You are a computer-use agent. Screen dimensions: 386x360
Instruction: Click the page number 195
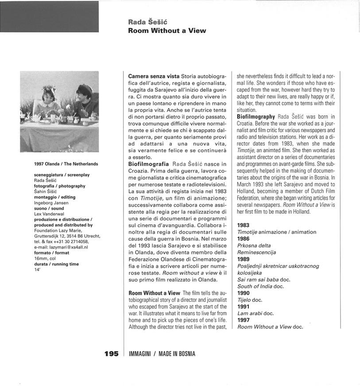(111, 354)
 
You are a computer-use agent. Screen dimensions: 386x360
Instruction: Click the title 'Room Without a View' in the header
(167, 31)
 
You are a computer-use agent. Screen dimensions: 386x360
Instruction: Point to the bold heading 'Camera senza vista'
(154, 76)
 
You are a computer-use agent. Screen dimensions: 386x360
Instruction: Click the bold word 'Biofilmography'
(255, 116)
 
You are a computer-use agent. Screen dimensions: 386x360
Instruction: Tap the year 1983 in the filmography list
(244, 225)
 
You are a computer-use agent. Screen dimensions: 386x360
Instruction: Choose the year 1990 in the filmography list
(244, 293)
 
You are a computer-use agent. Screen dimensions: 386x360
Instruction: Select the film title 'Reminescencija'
(256, 252)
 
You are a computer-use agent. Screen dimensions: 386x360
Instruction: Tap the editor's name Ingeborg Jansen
(51, 203)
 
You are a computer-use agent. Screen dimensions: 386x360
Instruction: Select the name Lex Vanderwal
(49, 214)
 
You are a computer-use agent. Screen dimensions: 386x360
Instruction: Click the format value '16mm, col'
(45, 258)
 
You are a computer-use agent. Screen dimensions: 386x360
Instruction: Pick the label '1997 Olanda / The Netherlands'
(66, 164)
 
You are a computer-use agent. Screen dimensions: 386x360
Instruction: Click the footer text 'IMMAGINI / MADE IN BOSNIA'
(162, 354)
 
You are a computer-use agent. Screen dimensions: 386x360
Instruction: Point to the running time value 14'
(37, 269)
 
